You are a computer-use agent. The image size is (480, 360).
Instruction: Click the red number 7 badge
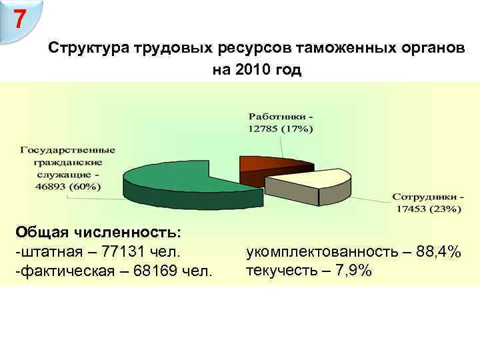tap(21, 19)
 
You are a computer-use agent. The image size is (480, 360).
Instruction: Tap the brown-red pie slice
tap(267, 163)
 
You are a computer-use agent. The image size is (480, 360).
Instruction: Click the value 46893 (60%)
tap(65, 186)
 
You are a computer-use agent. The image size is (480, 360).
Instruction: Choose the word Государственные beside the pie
tap(67, 150)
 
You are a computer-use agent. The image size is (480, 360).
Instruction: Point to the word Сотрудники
tap(424, 197)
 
